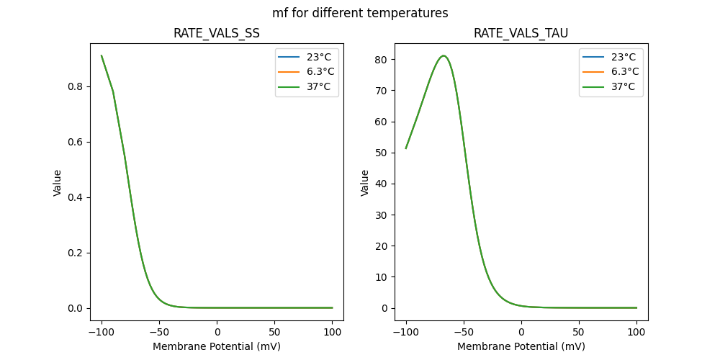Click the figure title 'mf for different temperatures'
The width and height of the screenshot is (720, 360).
click(360, 13)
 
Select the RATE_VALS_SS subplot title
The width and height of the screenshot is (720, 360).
click(217, 34)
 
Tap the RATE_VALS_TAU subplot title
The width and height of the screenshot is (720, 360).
click(521, 34)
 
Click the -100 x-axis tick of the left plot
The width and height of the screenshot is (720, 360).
click(102, 333)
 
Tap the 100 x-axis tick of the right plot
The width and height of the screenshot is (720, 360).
click(636, 333)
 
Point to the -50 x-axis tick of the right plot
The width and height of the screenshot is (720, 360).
click(464, 333)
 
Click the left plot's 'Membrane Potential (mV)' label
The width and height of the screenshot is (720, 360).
click(217, 346)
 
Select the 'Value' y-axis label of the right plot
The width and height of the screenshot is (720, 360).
click(365, 183)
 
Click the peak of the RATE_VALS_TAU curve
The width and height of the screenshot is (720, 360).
click(444, 56)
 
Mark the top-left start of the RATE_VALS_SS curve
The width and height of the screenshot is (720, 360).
click(102, 55)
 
